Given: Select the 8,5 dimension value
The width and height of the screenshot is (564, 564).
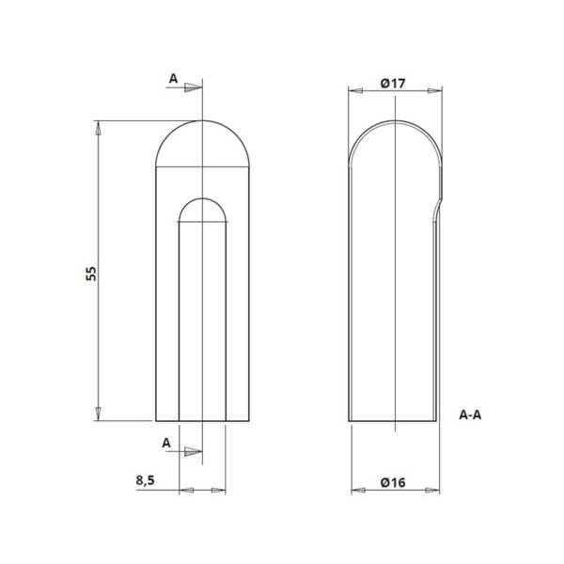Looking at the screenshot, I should click(x=146, y=480).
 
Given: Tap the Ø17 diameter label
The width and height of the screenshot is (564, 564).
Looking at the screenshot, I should click(x=393, y=84).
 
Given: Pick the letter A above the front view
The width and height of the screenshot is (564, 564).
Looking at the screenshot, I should click(x=173, y=80).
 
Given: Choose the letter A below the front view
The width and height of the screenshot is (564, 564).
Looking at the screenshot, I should click(x=166, y=442).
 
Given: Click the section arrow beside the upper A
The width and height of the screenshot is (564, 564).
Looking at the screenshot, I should click(x=193, y=88).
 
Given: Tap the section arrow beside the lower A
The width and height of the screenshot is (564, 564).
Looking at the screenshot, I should click(x=193, y=451).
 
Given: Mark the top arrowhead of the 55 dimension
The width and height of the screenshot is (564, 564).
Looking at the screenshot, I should click(x=98, y=128).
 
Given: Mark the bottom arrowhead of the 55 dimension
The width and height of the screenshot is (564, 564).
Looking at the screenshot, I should click(x=98, y=414).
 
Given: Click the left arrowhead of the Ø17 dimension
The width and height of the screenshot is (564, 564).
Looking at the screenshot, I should click(x=355, y=92).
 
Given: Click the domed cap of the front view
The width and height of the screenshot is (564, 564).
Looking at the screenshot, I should click(x=202, y=146).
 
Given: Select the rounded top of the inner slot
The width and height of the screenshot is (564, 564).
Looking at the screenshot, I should click(x=203, y=209).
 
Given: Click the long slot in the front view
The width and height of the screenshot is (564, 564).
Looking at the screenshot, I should click(x=203, y=320).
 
